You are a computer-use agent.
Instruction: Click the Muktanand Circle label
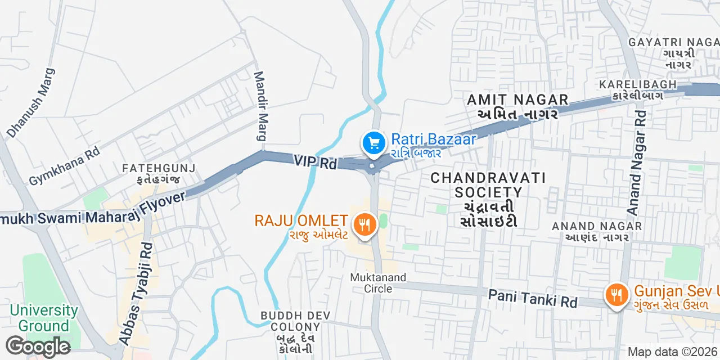371,283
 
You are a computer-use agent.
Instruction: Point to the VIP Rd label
315,162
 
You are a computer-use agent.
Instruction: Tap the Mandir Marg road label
260,106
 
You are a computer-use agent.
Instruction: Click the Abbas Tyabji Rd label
136,292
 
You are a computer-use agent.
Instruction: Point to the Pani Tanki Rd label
533,298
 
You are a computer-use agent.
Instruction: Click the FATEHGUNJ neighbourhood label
159,174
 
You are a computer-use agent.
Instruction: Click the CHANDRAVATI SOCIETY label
488,199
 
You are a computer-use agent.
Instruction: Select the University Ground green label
44,318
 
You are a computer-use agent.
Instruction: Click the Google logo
38,347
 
